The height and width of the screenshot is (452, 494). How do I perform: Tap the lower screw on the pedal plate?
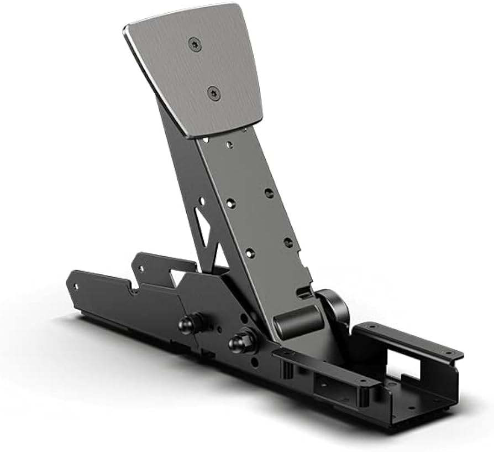click(x=215, y=93)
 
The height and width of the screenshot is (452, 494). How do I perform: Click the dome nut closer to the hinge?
click(x=241, y=342)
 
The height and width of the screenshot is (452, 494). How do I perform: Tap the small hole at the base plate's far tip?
click(x=75, y=286)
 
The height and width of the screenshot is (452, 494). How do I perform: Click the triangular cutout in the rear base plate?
click(x=178, y=276)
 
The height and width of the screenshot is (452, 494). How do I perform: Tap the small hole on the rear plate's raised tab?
click(x=140, y=269)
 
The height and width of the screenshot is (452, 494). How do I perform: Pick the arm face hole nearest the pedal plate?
click(x=229, y=145)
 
